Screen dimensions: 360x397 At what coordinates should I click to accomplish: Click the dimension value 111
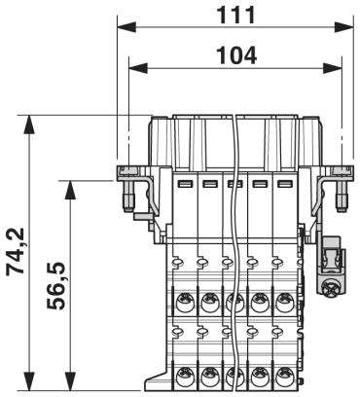coord(235,15)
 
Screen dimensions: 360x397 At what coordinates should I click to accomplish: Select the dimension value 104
coord(236,55)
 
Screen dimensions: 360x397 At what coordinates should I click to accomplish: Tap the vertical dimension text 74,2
coord(16,252)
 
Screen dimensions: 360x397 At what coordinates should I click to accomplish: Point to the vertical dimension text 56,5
coord(56,285)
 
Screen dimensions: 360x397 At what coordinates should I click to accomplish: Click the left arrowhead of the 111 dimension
coord(126,27)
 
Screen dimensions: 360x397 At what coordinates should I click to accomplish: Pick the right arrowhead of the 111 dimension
coord(343,27)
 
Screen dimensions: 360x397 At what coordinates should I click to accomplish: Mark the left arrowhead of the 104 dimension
coord(138,68)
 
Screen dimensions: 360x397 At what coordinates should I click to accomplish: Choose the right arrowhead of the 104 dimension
coord(333,68)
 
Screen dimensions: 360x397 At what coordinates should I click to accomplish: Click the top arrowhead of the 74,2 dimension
coord(29,125)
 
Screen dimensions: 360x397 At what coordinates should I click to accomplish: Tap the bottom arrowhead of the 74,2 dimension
coord(29,381)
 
